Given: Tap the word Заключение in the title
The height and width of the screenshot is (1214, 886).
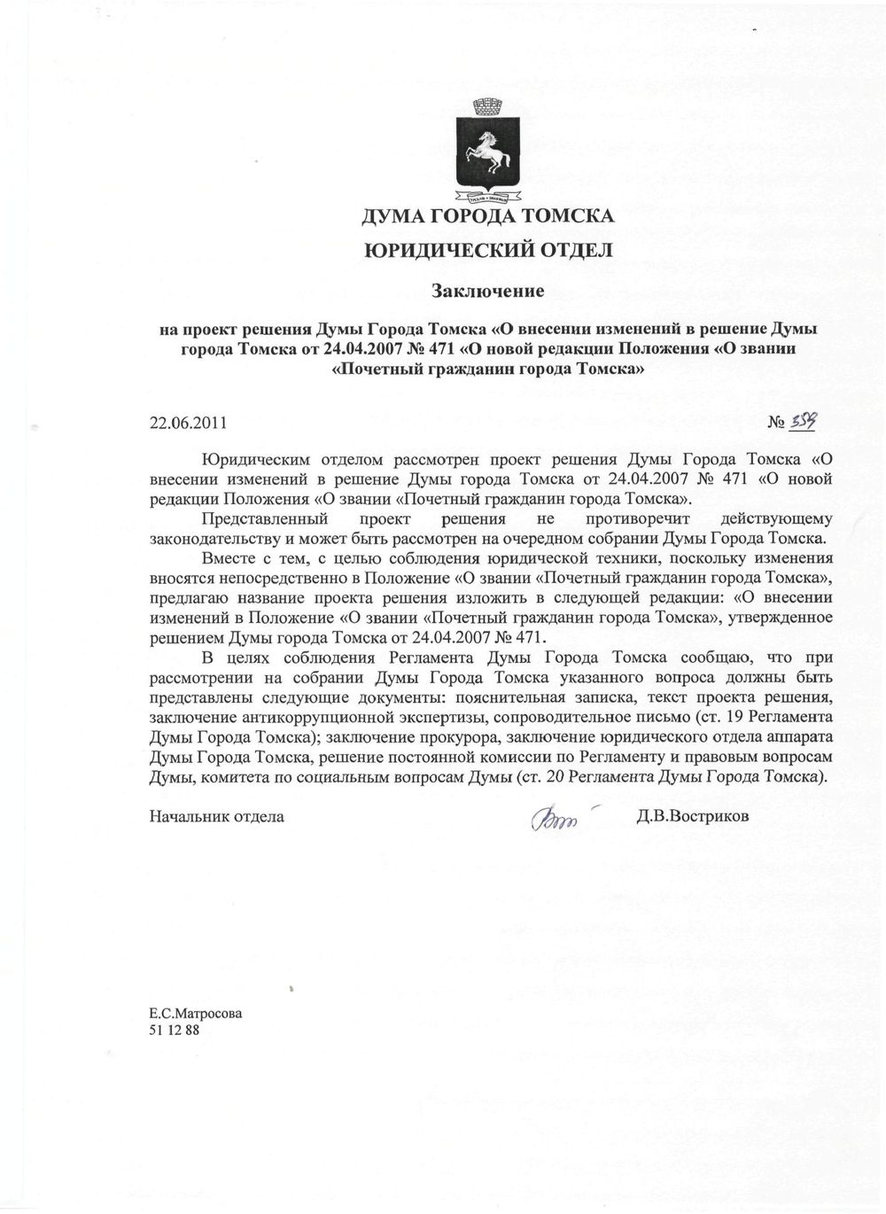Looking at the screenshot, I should click(486, 290).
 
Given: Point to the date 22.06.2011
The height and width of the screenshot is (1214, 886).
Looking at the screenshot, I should click(188, 424).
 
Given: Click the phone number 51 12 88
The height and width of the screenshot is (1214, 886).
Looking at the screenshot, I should click(174, 1030).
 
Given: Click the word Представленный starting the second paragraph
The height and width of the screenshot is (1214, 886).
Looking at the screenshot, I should click(266, 518).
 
